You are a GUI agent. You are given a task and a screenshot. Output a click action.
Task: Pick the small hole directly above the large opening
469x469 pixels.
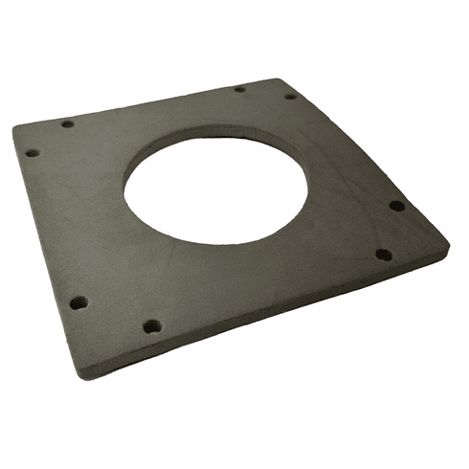[x=239, y=90]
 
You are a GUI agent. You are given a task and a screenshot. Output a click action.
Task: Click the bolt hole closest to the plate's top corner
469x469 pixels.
[x=289, y=96]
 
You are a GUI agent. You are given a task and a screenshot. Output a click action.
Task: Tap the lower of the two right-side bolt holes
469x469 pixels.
[x=382, y=255]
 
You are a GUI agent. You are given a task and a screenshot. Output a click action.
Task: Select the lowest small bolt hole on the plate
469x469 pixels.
[x=150, y=325]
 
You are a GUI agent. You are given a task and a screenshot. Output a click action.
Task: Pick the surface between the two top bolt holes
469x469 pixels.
[x=264, y=93]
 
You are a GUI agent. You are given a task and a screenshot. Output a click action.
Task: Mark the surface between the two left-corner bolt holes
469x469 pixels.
[x=49, y=138]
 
